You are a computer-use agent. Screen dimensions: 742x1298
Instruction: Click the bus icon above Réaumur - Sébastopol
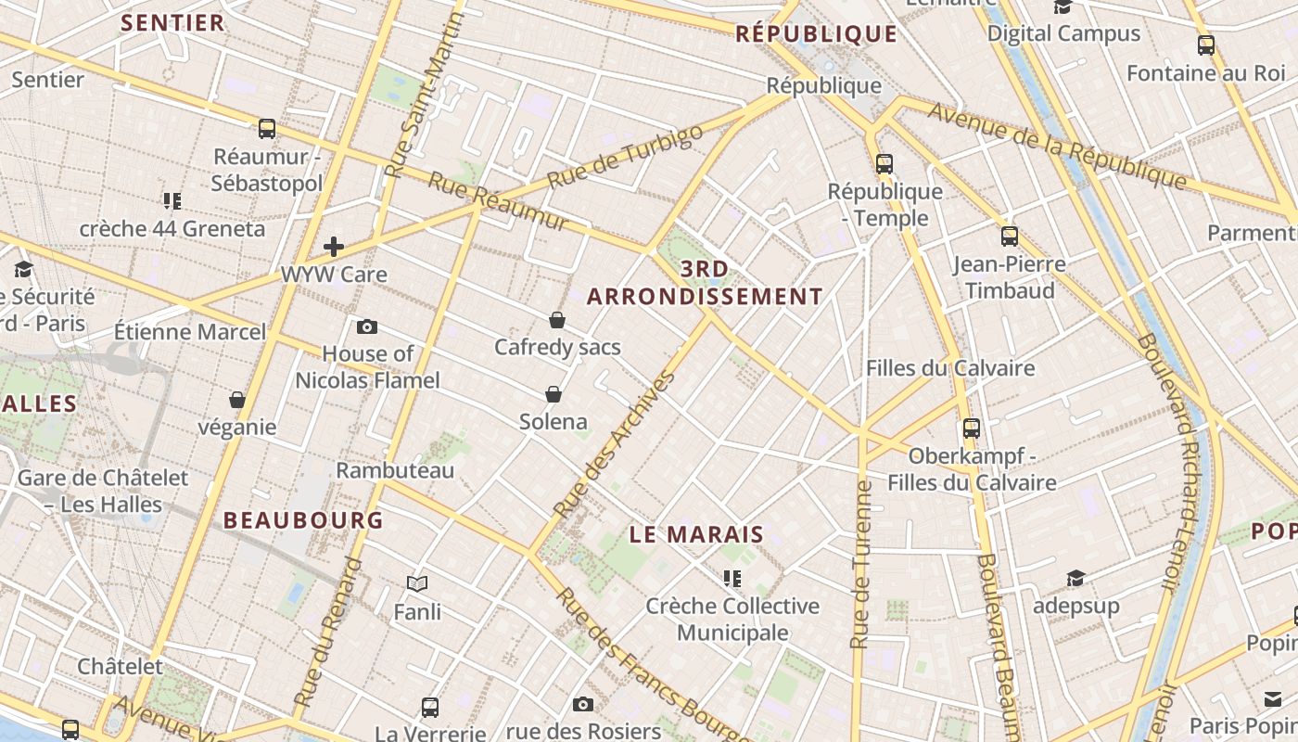click(267, 129)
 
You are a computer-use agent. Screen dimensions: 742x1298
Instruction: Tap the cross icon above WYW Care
click(334, 247)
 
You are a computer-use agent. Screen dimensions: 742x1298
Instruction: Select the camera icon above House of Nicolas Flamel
click(367, 326)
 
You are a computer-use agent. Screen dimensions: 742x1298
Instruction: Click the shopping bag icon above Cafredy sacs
click(557, 320)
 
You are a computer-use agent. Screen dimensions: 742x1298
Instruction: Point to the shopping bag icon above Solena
click(554, 394)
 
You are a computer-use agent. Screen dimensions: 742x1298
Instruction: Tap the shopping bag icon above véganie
click(237, 400)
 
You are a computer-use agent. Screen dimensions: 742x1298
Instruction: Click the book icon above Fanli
click(417, 583)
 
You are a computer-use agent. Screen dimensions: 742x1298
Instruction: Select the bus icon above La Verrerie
click(430, 708)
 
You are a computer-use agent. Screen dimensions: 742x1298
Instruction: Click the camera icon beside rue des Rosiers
click(583, 704)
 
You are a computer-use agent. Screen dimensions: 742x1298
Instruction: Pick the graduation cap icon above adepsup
click(1075, 579)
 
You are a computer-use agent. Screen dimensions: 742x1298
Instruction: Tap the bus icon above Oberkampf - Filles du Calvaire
click(972, 429)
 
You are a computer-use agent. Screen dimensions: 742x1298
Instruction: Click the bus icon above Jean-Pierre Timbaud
click(1010, 237)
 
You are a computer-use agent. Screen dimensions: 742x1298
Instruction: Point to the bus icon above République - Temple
click(884, 164)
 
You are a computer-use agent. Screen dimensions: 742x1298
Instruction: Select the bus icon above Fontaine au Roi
click(1206, 45)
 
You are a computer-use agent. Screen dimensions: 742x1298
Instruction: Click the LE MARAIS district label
click(696, 535)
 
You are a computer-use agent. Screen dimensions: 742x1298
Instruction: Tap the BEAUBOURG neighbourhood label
click(303, 520)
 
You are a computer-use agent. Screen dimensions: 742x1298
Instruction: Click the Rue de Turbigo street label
click(625, 156)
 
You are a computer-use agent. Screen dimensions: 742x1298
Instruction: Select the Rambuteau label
click(395, 470)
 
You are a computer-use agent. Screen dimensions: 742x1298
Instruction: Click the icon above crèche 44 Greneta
click(172, 200)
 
